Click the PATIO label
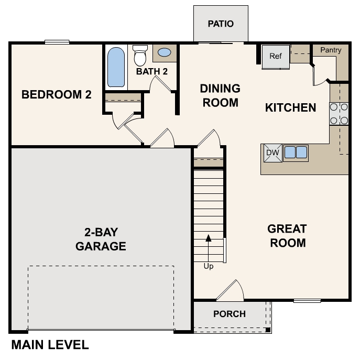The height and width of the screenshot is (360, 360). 220,24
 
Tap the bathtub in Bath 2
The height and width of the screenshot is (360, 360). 116,67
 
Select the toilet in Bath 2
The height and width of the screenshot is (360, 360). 140,55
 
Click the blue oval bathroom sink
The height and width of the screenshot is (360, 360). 165,52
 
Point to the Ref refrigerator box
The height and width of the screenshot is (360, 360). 276,56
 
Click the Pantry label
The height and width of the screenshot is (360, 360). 330,50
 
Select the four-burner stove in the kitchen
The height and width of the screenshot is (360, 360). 339,114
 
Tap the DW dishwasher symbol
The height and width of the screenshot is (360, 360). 271,152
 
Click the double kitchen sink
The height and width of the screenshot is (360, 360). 296,152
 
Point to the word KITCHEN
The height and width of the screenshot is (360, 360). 290,108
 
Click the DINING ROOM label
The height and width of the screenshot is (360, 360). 220,95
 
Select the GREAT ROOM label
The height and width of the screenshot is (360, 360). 287,236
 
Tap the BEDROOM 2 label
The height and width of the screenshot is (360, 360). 57,95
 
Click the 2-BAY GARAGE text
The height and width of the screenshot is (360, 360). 101,239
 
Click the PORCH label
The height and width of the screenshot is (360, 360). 230,314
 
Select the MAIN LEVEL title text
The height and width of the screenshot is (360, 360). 50,345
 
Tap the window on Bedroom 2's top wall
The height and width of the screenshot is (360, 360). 57,42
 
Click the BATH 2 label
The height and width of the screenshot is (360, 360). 152,71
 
